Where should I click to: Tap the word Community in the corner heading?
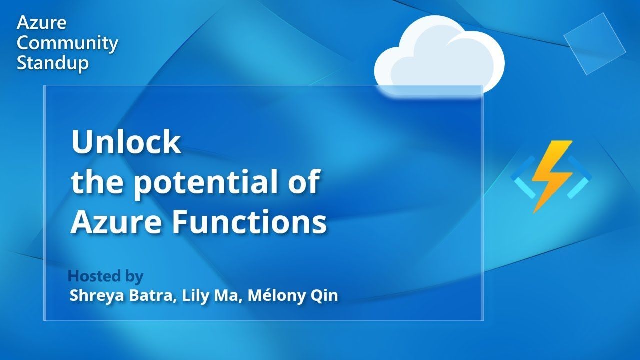[x=67, y=44]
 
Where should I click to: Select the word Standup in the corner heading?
[x=53, y=63]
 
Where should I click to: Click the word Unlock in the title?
[x=126, y=142]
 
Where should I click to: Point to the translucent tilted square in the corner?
[x=594, y=44]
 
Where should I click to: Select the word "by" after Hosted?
[x=134, y=276]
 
